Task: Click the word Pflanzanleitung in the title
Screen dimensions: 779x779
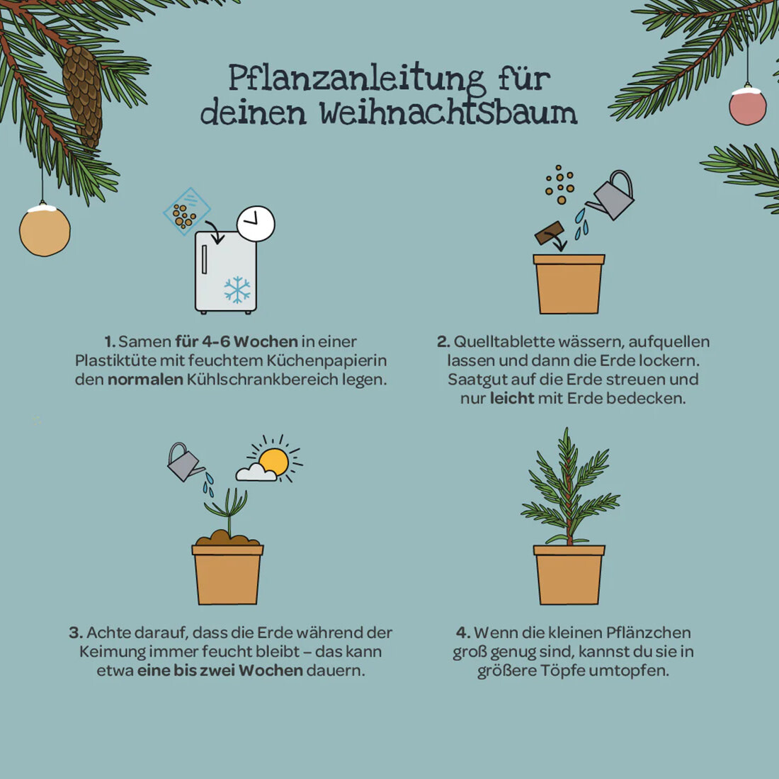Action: (x=356, y=79)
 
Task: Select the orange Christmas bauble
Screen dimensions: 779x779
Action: (x=45, y=229)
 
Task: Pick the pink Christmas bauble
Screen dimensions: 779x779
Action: (x=748, y=106)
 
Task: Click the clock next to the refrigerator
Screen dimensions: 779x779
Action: (x=256, y=224)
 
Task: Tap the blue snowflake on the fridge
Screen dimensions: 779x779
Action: (x=237, y=290)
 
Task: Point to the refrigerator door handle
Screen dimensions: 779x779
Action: (x=204, y=259)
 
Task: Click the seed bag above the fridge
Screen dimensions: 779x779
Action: (x=187, y=212)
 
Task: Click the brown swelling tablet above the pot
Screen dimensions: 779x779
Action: (x=550, y=232)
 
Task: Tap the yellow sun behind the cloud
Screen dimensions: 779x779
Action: (x=275, y=462)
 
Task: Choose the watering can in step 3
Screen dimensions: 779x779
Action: (x=185, y=462)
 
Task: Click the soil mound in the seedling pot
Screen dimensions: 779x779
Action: (x=227, y=538)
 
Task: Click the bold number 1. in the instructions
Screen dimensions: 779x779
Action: (x=110, y=342)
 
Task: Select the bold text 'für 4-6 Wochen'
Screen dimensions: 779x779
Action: (x=237, y=342)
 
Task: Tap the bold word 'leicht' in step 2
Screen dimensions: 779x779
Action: (x=512, y=399)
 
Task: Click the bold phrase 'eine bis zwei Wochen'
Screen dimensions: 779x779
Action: (x=220, y=670)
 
